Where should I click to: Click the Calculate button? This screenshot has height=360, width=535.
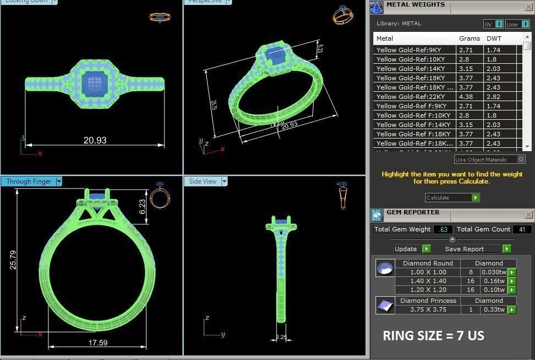point(452,197)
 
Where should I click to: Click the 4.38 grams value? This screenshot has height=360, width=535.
point(466,97)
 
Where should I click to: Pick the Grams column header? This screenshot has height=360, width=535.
point(469,38)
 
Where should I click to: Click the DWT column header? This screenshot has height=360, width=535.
point(494,38)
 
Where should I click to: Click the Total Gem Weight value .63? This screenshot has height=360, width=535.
point(443,229)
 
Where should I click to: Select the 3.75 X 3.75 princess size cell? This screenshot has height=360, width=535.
point(427,309)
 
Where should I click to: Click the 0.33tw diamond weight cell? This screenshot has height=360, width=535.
point(493,309)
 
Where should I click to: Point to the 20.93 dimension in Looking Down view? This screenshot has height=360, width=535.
point(95,140)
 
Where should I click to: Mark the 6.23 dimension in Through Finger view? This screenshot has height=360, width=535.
point(142,206)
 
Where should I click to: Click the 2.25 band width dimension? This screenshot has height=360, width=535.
point(281,337)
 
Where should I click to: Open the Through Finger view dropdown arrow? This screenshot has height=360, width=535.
point(59,181)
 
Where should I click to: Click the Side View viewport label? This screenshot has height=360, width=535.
point(202,181)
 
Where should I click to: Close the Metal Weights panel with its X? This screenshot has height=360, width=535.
point(528,7)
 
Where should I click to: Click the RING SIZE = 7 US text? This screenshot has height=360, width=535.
point(433,335)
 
